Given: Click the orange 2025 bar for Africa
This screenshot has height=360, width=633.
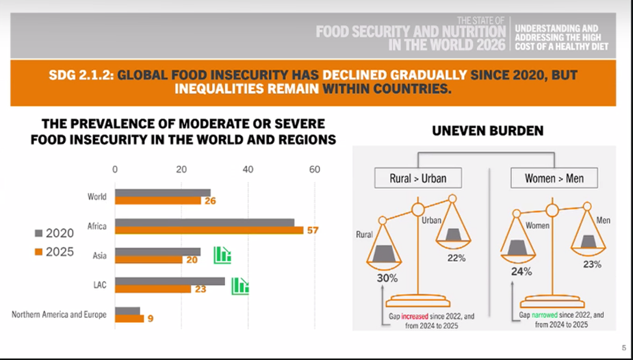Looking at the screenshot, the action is (x=209, y=231).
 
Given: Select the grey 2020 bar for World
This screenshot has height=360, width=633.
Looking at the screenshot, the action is (x=163, y=193).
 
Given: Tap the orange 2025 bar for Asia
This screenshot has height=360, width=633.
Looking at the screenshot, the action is (x=148, y=259).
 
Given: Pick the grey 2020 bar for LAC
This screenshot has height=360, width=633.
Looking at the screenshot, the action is (x=170, y=281).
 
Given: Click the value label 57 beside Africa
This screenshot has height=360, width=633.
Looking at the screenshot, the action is (x=313, y=231).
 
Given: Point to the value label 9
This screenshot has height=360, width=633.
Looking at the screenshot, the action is (x=151, y=319).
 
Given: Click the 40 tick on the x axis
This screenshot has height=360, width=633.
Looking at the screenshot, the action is (x=248, y=170).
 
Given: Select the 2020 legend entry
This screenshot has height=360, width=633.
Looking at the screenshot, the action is (x=55, y=233).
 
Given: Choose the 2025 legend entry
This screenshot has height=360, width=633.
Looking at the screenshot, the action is (x=55, y=252).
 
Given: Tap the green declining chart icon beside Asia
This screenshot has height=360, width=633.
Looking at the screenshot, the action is (x=222, y=255).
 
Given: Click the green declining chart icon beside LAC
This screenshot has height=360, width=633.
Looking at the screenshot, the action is (x=240, y=286).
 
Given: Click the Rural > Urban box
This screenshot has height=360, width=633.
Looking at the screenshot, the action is (x=418, y=178).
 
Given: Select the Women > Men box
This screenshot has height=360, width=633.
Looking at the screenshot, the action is (x=554, y=178).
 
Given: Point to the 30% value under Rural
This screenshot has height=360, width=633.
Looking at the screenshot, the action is (x=387, y=278).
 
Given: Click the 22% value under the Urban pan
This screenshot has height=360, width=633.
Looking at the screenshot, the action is (x=456, y=258).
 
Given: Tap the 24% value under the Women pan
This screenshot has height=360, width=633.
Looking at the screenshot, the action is (x=521, y=272).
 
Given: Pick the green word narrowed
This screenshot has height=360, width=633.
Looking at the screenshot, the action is (x=544, y=316).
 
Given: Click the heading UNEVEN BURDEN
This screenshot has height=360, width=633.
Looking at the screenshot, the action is (x=488, y=131).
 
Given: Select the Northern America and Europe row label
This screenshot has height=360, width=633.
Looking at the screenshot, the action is (x=59, y=314).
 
